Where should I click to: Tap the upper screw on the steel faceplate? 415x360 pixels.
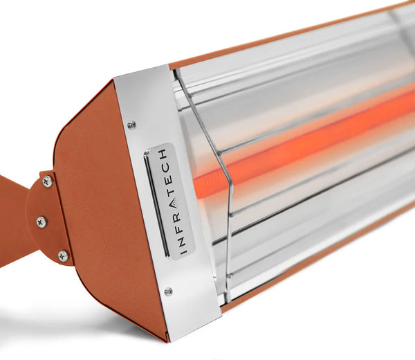[131, 125]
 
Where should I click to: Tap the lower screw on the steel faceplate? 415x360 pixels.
[168, 291]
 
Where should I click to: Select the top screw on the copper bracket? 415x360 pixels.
[47, 181]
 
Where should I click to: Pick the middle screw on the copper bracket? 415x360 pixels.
[41, 222]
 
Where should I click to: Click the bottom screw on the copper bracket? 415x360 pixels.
[63, 255]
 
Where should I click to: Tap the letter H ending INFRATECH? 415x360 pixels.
[163, 152]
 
